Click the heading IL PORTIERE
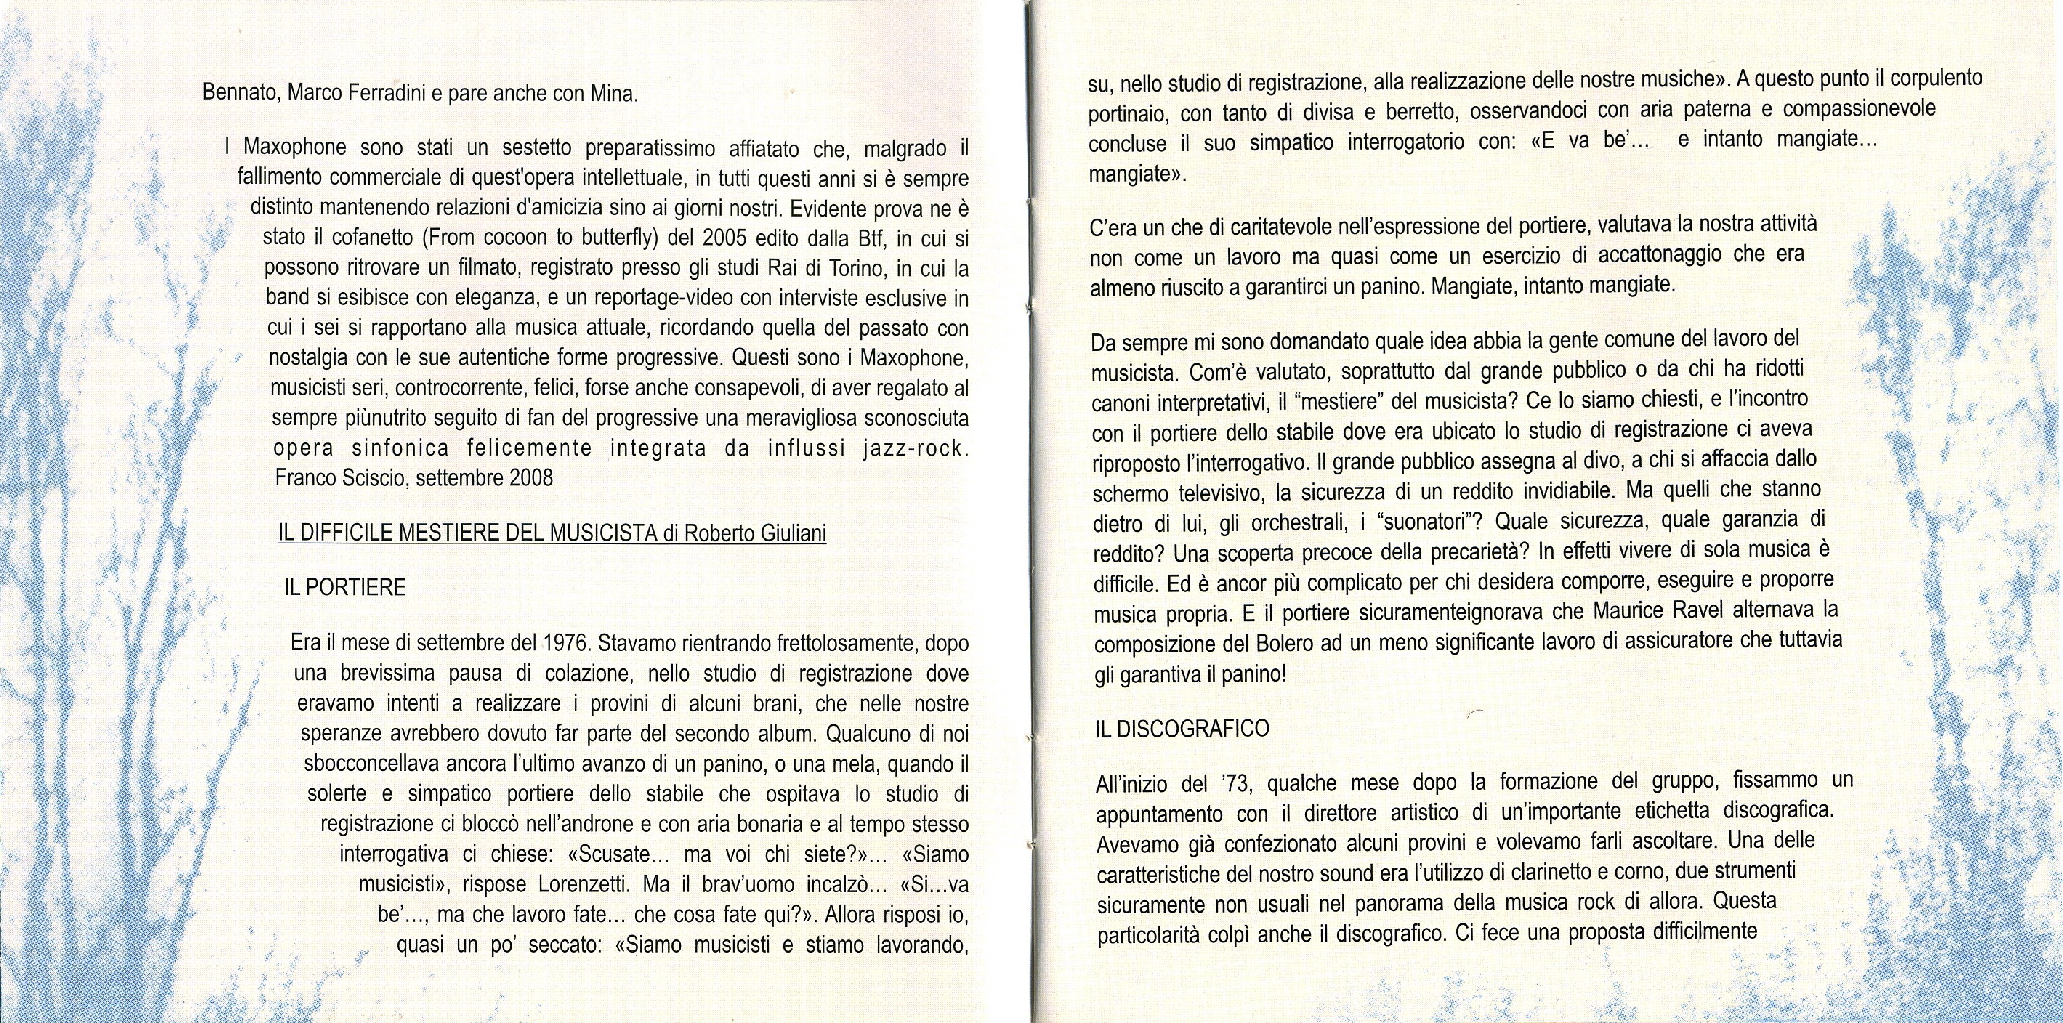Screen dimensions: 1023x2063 (344, 588)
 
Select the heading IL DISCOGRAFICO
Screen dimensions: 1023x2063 (1182, 729)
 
